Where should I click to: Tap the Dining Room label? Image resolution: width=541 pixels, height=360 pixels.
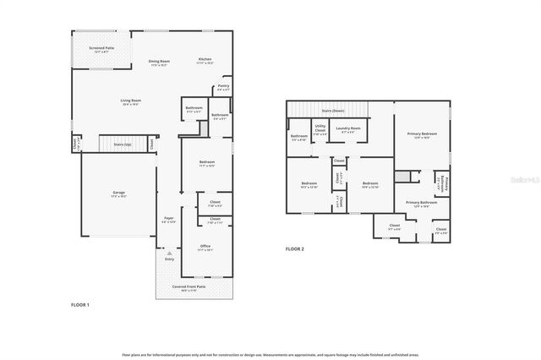(x=160, y=62)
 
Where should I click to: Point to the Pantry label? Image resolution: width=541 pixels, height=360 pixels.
(x=222, y=87)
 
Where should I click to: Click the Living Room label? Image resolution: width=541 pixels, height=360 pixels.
(x=128, y=102)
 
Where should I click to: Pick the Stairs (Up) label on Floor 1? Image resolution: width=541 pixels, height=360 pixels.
(x=122, y=145)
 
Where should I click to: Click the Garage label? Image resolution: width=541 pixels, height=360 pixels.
(x=118, y=194)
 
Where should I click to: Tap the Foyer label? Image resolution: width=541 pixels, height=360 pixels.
(x=168, y=220)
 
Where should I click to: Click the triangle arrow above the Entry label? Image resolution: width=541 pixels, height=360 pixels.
(x=169, y=252)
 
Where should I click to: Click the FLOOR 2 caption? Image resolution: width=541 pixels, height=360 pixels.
(x=294, y=249)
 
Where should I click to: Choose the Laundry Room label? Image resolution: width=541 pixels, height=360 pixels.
(x=347, y=129)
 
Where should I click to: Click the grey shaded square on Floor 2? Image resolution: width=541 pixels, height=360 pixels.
(x=402, y=176)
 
